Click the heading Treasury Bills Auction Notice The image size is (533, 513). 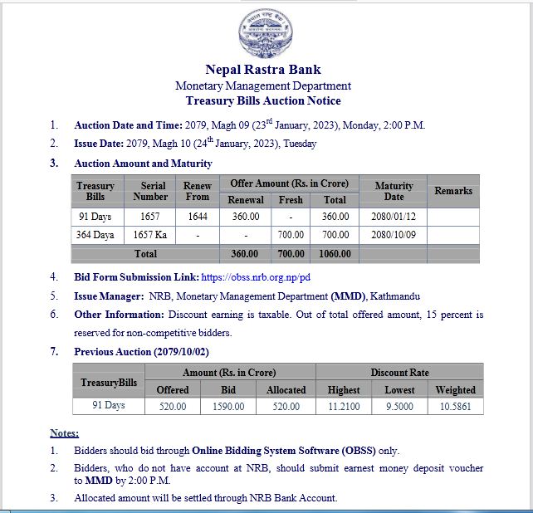[263, 100]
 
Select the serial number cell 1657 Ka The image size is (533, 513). [149, 235]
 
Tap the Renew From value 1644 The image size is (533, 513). [197, 217]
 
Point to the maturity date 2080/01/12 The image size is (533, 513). [394, 217]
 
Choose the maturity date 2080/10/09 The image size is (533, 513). [394, 235]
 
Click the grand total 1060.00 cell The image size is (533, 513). [335, 253]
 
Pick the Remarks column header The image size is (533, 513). [452, 191]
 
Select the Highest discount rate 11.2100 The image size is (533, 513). [344, 407]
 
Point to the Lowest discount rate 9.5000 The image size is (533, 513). [399, 407]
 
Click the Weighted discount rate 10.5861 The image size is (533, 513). [455, 407]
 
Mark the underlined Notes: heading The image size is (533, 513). [64, 433]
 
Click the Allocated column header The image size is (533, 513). [286, 389]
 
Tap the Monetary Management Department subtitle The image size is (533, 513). [263, 85]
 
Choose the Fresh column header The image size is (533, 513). [291, 200]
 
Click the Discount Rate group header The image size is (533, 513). [399, 373]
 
